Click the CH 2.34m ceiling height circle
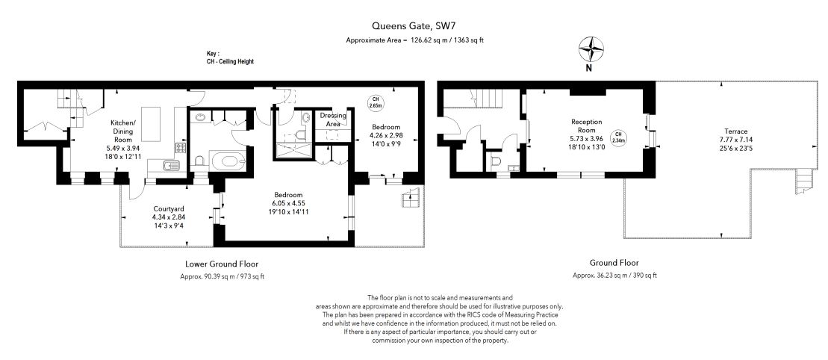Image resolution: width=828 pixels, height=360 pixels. click(x=618, y=137)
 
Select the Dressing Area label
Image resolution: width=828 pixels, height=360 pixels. click(x=333, y=120)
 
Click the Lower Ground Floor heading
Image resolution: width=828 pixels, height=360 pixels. click(x=222, y=264)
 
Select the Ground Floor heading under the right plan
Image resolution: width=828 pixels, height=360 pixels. click(x=614, y=264)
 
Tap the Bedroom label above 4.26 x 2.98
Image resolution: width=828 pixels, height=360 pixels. click(x=386, y=127)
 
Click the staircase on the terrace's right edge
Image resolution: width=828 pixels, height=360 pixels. click(x=802, y=180)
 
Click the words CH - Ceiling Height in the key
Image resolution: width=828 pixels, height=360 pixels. click(x=230, y=61)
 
